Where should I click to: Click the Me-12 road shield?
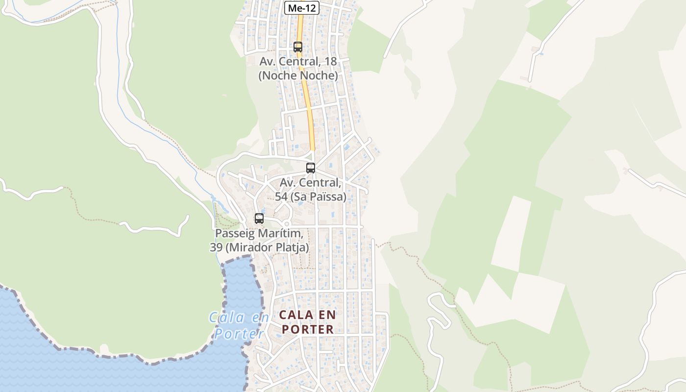pyautogui.click(x=302, y=8)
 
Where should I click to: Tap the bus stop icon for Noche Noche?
pyautogui.click(x=297, y=47)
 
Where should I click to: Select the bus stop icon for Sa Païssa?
pyautogui.click(x=310, y=168)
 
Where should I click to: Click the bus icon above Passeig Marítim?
pyautogui.click(x=259, y=219)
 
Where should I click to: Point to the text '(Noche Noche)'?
pyautogui.click(x=298, y=75)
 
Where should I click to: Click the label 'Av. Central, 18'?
pyautogui.click(x=298, y=62)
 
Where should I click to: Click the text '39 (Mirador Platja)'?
pyautogui.click(x=259, y=247)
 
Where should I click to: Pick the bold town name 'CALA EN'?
pyautogui.click(x=307, y=315)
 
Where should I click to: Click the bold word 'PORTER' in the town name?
pyautogui.click(x=308, y=329)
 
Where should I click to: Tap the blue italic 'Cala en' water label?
pyautogui.click(x=239, y=318)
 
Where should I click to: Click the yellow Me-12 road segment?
pyautogui.click(x=307, y=98)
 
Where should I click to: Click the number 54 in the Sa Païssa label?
pyautogui.click(x=281, y=196)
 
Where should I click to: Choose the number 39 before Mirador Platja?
pyautogui.click(x=216, y=247)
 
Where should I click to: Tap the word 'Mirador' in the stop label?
pyautogui.click(x=249, y=247)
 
